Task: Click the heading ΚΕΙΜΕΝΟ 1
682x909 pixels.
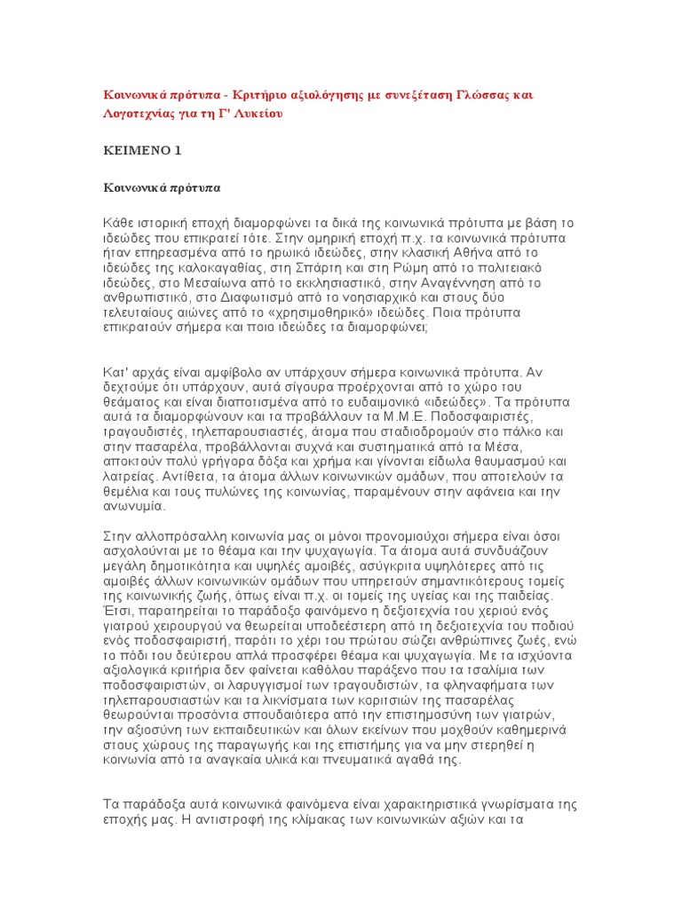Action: (142, 151)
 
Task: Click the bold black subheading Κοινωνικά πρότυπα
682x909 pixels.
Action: (163, 188)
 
